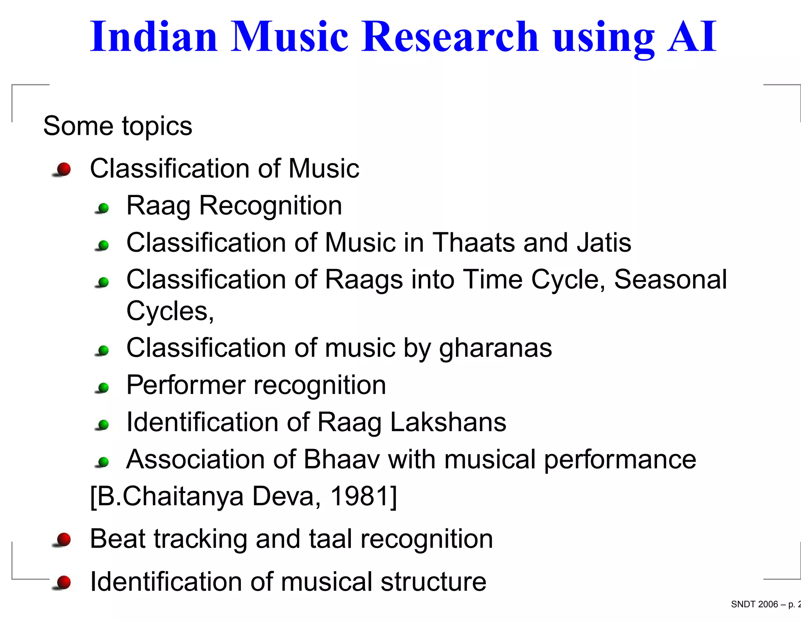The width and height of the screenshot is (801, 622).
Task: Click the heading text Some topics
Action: click(118, 126)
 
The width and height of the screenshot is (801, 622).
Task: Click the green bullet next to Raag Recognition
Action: click(103, 208)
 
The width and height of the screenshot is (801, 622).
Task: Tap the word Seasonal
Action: click(670, 280)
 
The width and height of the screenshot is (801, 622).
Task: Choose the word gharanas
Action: click(495, 348)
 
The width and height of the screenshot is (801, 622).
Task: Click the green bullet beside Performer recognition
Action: click(103, 387)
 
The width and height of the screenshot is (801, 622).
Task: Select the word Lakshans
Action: click(448, 422)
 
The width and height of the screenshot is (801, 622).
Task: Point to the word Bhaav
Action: click(341, 459)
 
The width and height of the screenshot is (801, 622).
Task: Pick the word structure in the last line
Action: click(433, 581)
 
